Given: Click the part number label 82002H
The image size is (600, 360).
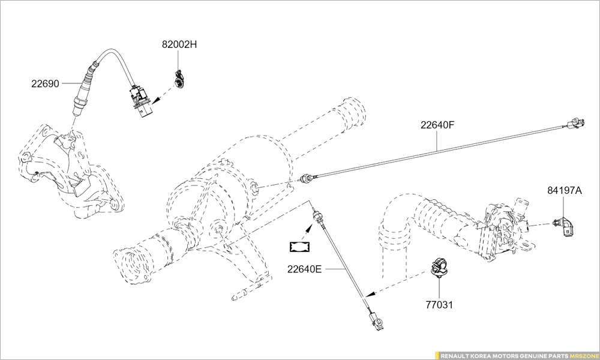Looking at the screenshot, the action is click(x=179, y=44).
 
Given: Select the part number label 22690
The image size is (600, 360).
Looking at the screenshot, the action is click(x=46, y=83).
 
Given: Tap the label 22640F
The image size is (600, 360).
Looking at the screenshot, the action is click(x=438, y=125).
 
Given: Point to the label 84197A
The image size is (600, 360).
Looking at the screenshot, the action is click(x=565, y=190).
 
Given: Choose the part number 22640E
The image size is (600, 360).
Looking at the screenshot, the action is click(x=305, y=269).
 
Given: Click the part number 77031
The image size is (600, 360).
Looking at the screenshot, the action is click(x=439, y=305).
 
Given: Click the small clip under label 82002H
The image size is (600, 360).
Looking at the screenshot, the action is click(x=179, y=79).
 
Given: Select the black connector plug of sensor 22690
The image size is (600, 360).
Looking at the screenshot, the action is click(x=141, y=101).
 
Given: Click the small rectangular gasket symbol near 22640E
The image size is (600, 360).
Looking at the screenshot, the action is click(x=299, y=247).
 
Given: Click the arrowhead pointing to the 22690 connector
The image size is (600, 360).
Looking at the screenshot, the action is click(x=157, y=101).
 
